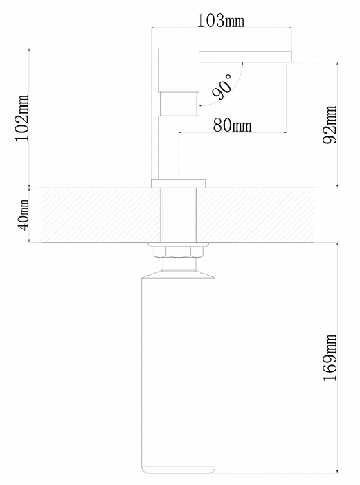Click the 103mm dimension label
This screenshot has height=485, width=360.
(221, 21)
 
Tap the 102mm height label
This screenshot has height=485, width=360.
(22, 118)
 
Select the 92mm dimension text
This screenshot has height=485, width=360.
(330, 125)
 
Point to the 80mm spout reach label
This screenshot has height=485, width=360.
(233, 125)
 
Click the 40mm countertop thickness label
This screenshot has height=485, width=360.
(24, 214)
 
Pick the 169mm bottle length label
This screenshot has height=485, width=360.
(330, 358)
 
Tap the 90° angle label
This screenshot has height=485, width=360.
(222, 87)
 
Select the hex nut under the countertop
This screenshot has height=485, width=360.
(179, 251)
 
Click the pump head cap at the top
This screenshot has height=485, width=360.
(179, 70)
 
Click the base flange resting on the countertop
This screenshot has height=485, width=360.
(179, 183)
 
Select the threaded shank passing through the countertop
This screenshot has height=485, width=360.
(179, 215)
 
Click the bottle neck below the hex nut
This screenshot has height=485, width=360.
(179, 263)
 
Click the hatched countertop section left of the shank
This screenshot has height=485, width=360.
(101, 215)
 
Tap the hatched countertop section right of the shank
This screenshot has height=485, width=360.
(255, 215)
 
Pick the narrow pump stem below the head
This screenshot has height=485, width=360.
(179, 104)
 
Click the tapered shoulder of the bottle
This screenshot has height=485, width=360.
(179, 274)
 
